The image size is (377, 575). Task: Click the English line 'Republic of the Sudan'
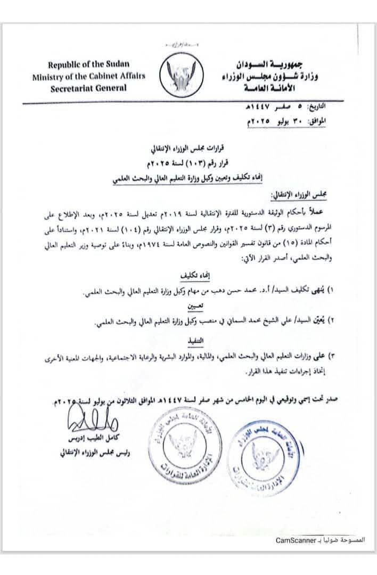click(88, 65)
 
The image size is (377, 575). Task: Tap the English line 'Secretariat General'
click(88, 88)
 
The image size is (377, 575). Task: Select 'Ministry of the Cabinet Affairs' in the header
click(88, 76)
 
